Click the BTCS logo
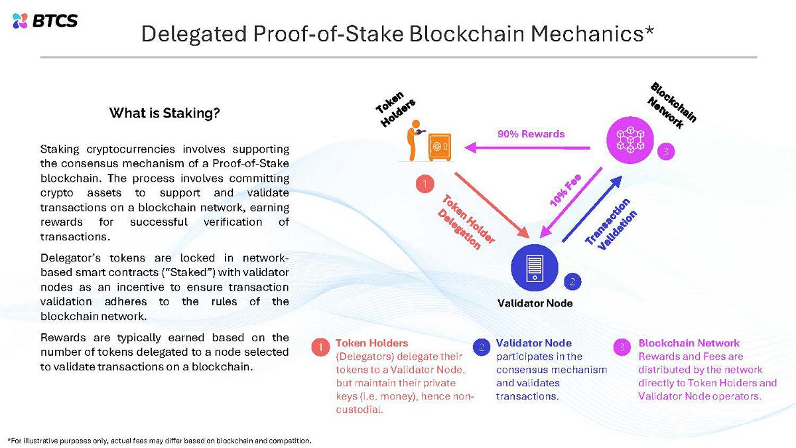coord(45,21)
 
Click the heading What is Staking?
coord(165,113)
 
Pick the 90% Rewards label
coord(531,134)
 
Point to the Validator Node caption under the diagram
coord(535,304)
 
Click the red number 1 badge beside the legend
coord(320,346)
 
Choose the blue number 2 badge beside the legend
coord(482,346)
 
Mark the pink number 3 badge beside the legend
coord(622,346)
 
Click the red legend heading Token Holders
coord(372,343)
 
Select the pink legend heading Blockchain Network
coord(689,343)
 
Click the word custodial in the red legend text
coord(359,410)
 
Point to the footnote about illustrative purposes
coord(159,440)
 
